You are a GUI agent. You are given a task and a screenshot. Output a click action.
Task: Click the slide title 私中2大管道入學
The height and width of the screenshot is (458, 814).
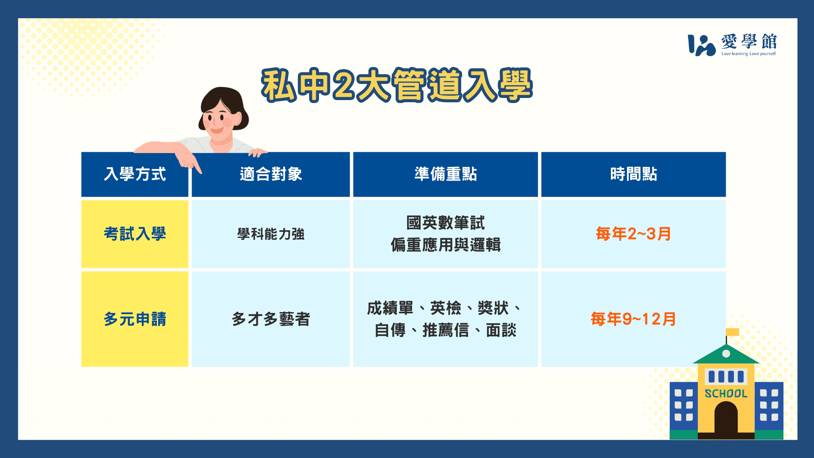pyautogui.click(x=397, y=85)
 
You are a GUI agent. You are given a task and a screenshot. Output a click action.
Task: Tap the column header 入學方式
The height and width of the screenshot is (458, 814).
pyautogui.click(x=135, y=174)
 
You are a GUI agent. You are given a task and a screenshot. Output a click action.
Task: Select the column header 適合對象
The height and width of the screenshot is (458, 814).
pyautogui.click(x=271, y=174)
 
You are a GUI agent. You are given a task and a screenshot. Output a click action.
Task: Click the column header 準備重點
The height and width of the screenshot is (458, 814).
pyautogui.click(x=446, y=174)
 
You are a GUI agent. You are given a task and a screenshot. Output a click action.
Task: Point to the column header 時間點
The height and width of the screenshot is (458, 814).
pyautogui.click(x=633, y=174)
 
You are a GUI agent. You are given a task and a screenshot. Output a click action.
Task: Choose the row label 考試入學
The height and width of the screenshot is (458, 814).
pyautogui.click(x=135, y=234)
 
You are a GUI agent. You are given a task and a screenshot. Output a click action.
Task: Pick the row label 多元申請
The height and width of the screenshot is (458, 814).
pyautogui.click(x=135, y=319)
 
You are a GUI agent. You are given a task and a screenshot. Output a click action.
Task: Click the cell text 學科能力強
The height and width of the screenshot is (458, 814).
pyautogui.click(x=271, y=234)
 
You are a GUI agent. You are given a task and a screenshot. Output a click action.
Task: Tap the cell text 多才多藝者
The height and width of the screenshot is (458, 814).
pyautogui.click(x=271, y=319)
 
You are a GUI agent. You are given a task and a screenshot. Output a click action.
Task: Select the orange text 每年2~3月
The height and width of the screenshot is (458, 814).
pyautogui.click(x=633, y=234)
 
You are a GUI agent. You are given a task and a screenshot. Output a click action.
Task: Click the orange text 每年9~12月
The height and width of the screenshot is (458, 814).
pyautogui.click(x=633, y=319)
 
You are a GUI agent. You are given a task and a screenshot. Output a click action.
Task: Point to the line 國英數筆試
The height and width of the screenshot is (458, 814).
pyautogui.click(x=446, y=223)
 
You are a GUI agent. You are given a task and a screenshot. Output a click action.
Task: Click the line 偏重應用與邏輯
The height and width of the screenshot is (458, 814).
pyautogui.click(x=446, y=245)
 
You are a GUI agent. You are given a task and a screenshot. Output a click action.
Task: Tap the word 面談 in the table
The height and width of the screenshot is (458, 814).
pyautogui.click(x=501, y=330)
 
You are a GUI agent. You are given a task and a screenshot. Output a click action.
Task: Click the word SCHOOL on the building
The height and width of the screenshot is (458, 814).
pyautogui.click(x=726, y=394)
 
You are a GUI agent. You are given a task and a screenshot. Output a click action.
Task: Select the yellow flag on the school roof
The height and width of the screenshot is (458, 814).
pyautogui.click(x=733, y=332)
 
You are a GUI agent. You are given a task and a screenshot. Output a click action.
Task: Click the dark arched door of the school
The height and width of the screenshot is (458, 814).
pyautogui.click(x=726, y=417)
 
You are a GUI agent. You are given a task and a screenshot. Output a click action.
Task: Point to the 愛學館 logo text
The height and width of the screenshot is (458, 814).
pyautogui.click(x=749, y=42)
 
